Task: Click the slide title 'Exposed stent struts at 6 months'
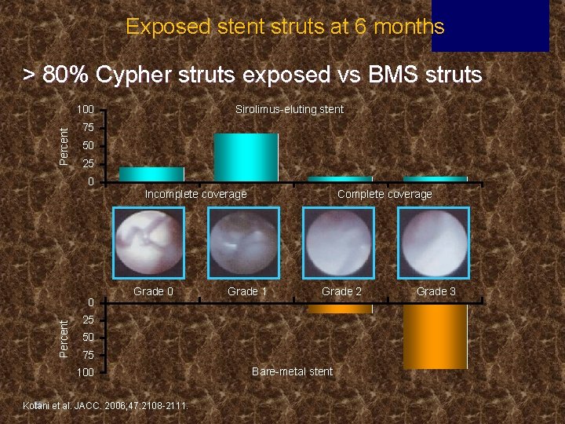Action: [x=285, y=27]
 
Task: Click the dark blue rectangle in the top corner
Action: [x=501, y=25]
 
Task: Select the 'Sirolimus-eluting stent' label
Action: [x=290, y=109]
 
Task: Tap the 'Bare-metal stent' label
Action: [x=292, y=371]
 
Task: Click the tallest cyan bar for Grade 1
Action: [x=246, y=157]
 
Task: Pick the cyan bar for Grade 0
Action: [x=151, y=174]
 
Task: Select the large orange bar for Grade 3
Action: [x=435, y=336]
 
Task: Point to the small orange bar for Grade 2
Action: [x=339, y=309]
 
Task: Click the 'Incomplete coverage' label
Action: [x=195, y=194]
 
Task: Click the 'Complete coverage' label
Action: [x=385, y=194]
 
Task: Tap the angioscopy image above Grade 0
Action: [x=149, y=243]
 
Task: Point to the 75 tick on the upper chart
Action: [x=89, y=128]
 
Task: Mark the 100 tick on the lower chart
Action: [x=85, y=372]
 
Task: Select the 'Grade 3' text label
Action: [x=436, y=291]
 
